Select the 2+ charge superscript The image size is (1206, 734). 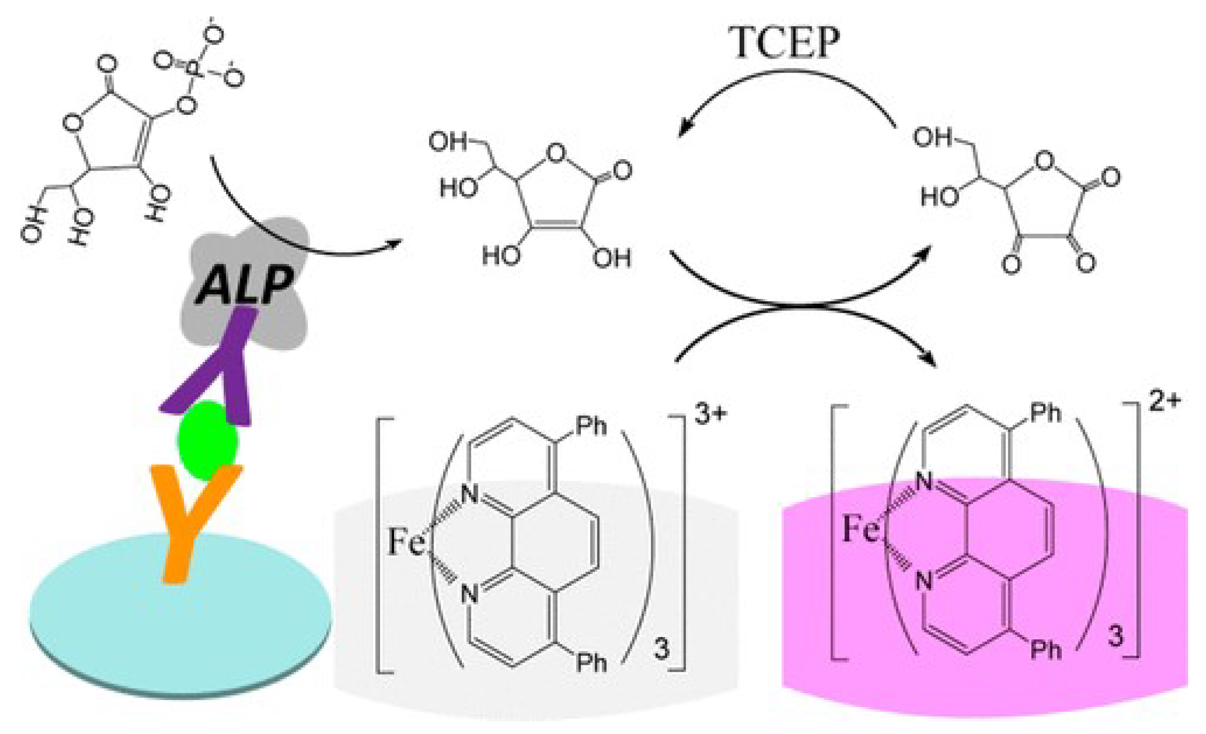(x=1165, y=402)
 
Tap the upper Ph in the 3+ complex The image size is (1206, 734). (x=591, y=426)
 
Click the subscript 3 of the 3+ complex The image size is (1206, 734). (x=661, y=650)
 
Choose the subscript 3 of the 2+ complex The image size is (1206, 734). (x=1116, y=637)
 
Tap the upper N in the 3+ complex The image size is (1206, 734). (x=470, y=494)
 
